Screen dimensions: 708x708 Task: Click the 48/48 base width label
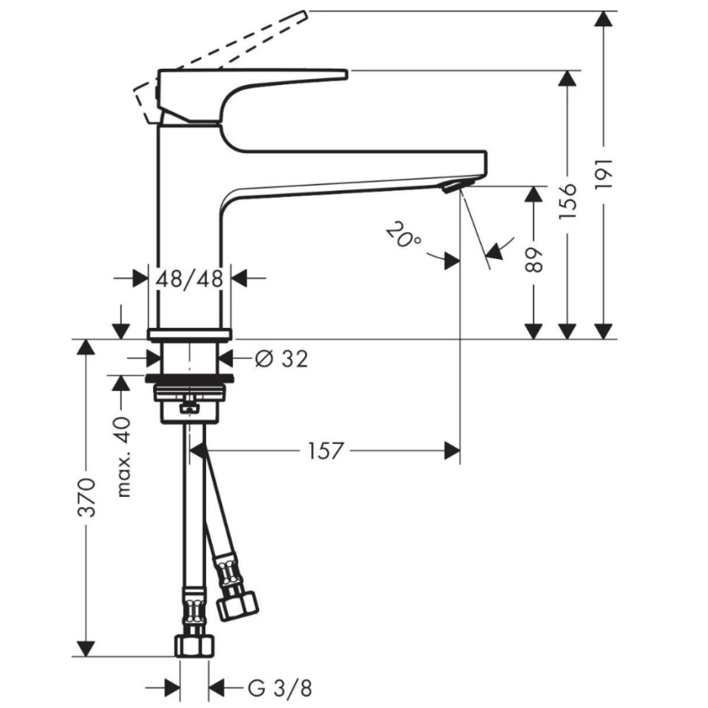click(x=190, y=279)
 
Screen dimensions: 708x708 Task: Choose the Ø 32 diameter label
click(x=281, y=358)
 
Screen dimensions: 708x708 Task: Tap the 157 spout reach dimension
click(x=325, y=450)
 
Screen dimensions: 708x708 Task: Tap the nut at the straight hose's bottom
click(x=191, y=646)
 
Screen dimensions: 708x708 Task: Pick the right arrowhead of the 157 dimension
click(x=451, y=450)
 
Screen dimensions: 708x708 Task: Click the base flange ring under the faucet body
click(x=190, y=334)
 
